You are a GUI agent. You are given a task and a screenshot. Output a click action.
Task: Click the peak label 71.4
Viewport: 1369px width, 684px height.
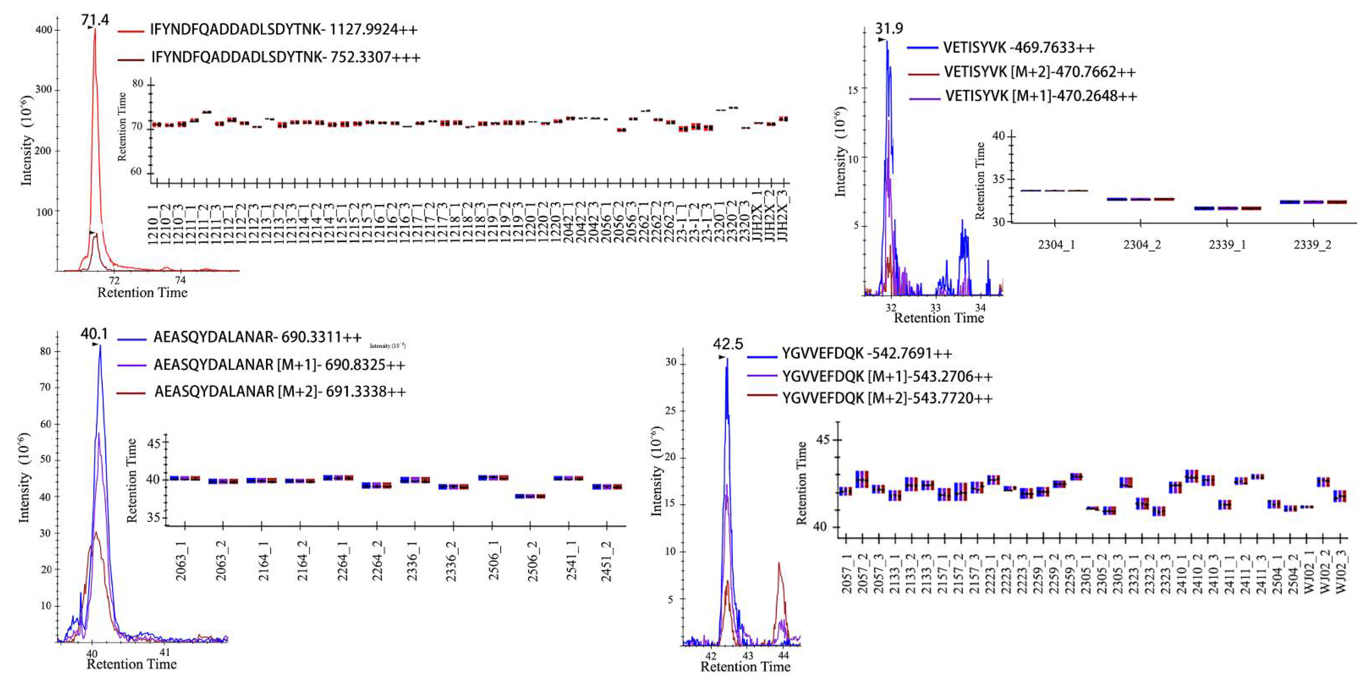coord(95,20)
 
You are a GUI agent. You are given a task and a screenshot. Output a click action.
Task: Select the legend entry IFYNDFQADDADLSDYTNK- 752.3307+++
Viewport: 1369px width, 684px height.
coord(285,57)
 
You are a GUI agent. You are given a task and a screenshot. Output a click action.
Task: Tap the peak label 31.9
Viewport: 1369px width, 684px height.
coord(889,28)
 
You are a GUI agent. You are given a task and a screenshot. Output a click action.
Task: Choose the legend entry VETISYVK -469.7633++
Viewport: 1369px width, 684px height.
coord(1019,48)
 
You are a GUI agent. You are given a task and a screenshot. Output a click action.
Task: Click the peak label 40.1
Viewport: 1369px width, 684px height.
coord(94,334)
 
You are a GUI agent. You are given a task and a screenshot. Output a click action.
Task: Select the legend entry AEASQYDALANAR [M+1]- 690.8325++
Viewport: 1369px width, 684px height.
coord(279,365)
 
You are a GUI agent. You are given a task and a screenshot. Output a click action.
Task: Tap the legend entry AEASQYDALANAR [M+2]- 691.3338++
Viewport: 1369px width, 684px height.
coord(280,392)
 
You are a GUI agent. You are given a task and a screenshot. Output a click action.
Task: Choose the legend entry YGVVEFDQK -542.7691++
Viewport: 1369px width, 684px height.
coord(867,353)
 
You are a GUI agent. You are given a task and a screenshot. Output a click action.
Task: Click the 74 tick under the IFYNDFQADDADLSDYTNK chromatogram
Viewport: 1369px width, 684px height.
coord(181,280)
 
